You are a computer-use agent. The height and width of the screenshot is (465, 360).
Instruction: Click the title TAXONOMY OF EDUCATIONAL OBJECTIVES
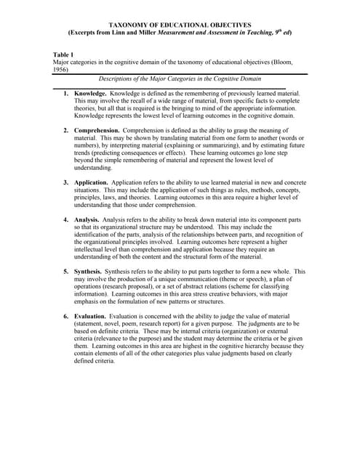pyautogui.click(x=180, y=25)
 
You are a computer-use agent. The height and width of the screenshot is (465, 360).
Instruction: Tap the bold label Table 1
pyautogui.click(x=63, y=54)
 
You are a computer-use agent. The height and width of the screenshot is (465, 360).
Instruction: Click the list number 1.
pyautogui.click(x=66, y=94)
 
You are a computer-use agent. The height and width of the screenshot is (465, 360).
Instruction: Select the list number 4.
pyautogui.click(x=66, y=219)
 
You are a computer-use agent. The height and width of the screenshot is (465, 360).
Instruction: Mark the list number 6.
pyautogui.click(x=66, y=316)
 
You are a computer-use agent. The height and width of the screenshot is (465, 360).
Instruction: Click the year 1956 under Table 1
pyautogui.click(x=60, y=70)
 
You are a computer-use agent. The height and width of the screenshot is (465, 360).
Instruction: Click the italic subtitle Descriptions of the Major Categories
pyautogui.click(x=180, y=78)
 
